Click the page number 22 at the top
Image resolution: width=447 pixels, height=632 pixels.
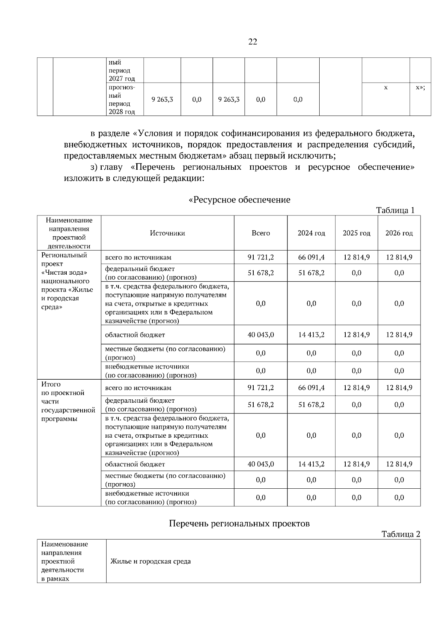[252, 42]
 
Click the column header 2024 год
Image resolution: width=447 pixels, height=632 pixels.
[311, 233]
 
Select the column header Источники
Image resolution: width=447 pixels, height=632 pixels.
[167, 233]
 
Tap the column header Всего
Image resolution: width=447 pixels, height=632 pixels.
[261, 233]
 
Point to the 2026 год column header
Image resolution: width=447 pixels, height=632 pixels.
[399, 233]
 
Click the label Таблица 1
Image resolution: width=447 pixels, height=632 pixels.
[395, 210]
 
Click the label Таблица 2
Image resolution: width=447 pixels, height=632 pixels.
[400, 534]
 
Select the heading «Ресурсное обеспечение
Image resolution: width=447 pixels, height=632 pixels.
[240, 200]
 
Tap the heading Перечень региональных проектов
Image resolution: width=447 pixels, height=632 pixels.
[240, 524]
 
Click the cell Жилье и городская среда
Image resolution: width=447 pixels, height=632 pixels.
[150, 561]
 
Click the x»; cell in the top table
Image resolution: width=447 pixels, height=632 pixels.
[420, 88]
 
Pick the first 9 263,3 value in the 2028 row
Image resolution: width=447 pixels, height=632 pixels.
[162, 99]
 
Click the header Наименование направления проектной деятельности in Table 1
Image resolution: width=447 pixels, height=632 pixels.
[69, 233]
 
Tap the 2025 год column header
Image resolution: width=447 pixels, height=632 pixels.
[356, 233]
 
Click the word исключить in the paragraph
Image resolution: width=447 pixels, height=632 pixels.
[316, 156]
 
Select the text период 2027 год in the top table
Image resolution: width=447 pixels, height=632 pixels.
[122, 74]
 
